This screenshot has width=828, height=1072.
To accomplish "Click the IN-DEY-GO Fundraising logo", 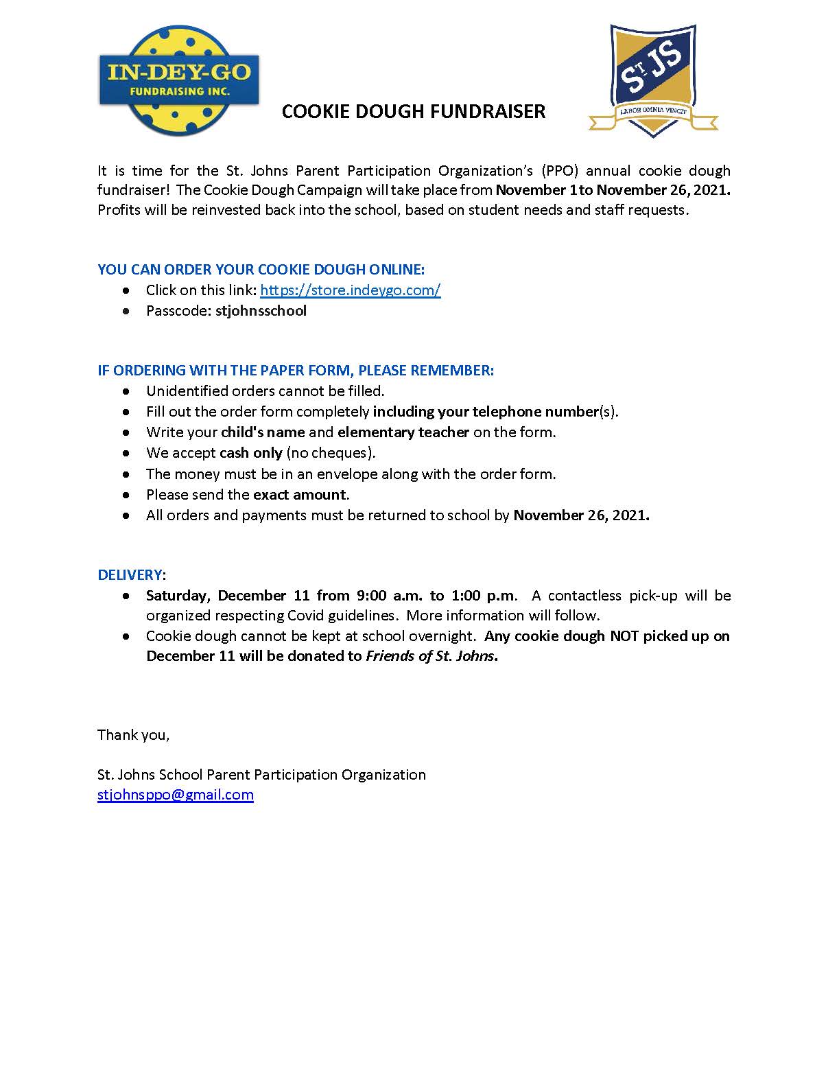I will [179, 81].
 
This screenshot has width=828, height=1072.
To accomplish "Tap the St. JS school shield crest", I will [652, 80].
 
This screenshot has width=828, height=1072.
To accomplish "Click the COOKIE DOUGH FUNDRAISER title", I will [414, 112].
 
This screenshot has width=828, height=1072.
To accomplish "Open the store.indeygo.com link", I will [350, 290].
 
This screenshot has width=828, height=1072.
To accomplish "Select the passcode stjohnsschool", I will [261, 311].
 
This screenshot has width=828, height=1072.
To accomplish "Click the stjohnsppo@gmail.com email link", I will [176, 795].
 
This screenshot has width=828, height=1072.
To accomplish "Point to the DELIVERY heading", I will [130, 574].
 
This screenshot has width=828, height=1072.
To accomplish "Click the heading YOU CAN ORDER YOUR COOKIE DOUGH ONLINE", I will [261, 270].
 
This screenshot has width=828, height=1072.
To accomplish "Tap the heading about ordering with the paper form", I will [296, 371].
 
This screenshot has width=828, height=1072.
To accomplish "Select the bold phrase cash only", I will [251, 453].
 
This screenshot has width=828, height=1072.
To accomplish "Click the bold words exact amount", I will [300, 495].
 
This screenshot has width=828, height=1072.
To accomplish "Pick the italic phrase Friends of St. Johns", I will [429, 656].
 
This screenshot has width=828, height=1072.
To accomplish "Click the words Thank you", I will [133, 735].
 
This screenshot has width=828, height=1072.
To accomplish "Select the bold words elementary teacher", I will [403, 432].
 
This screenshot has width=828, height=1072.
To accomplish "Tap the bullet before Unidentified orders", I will [126, 391].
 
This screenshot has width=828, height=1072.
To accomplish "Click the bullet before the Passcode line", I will [126, 312].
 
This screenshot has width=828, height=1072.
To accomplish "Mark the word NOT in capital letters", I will [624, 636].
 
